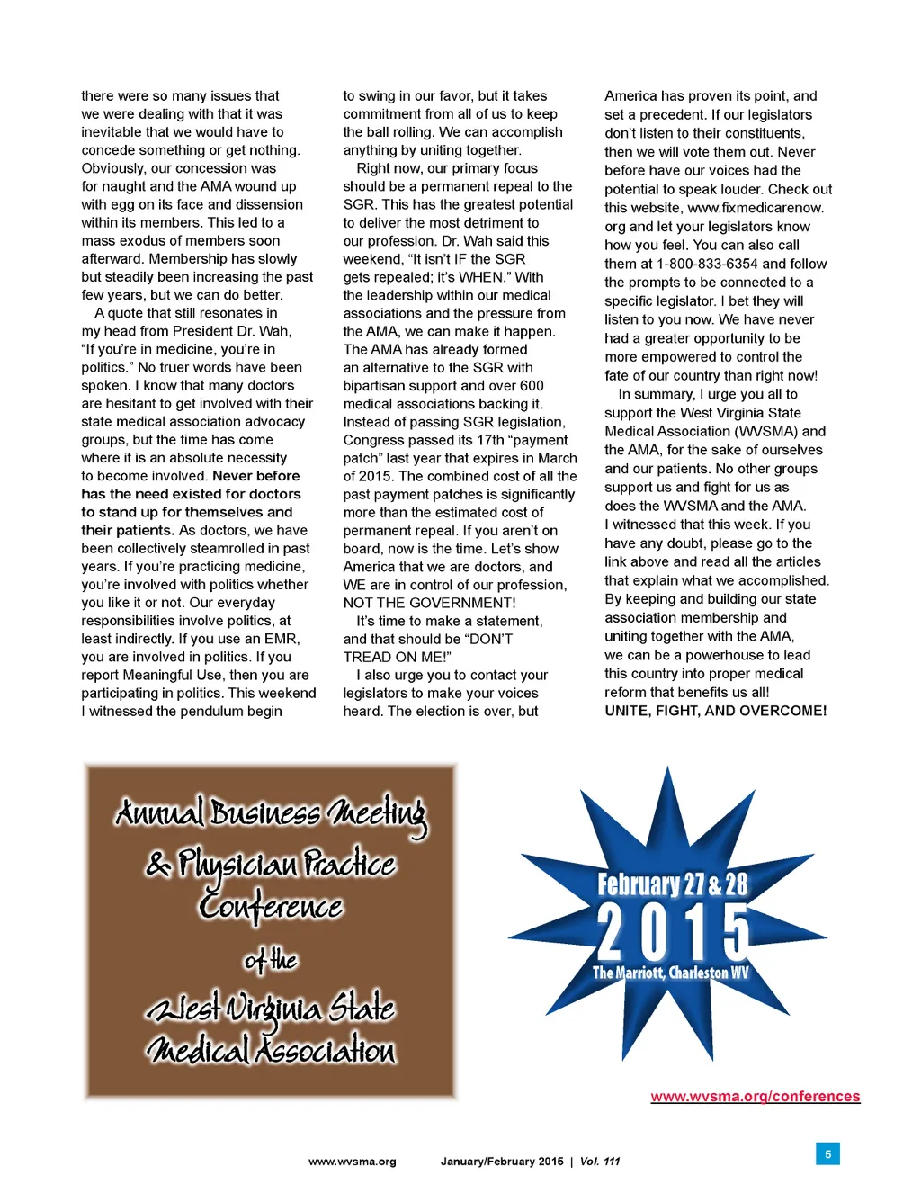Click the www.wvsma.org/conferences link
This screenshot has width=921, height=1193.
pyautogui.click(x=755, y=1096)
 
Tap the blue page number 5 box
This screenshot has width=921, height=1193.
pyautogui.click(x=827, y=1153)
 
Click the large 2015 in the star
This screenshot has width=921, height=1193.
pyautogui.click(x=672, y=932)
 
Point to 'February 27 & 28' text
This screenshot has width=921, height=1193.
pyautogui.click(x=672, y=884)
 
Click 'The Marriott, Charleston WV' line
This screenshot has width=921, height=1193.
pyautogui.click(x=670, y=973)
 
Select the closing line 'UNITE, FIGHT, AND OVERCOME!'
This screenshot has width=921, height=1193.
pyautogui.click(x=715, y=711)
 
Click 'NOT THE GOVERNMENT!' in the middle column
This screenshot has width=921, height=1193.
pyautogui.click(x=429, y=603)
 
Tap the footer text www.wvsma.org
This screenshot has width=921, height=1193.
pyautogui.click(x=352, y=1162)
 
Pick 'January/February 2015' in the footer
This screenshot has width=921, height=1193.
pyautogui.click(x=501, y=1162)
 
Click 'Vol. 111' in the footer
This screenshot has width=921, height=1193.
pyautogui.click(x=600, y=1162)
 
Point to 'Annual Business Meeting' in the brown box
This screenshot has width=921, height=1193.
pyautogui.click(x=270, y=813)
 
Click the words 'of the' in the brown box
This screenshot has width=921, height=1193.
pyautogui.click(x=270, y=961)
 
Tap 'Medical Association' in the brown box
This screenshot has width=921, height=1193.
pyautogui.click(x=270, y=1050)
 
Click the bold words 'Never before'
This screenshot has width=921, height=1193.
pyautogui.click(x=256, y=476)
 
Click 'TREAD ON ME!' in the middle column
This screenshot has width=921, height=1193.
pyautogui.click(x=397, y=657)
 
